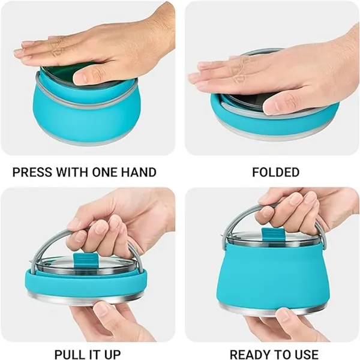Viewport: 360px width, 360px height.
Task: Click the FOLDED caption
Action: point(276,172)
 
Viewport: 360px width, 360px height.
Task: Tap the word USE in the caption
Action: point(307,355)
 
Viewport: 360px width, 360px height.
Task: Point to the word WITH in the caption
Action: point(72,172)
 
